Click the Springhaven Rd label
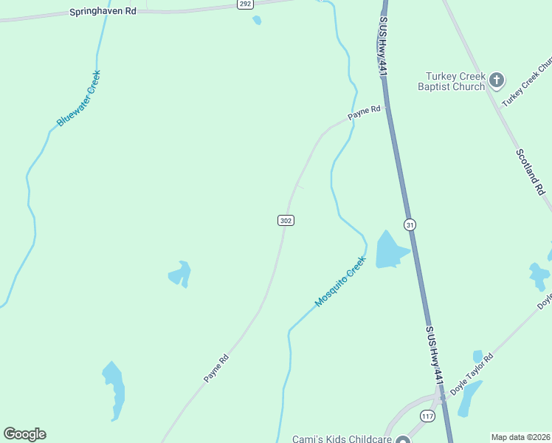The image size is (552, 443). coord(103,12)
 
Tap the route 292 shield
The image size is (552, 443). coord(245,4)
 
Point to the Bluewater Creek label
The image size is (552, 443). coord(78,97)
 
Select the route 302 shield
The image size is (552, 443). coord(286,221)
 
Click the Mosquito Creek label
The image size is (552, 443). coord(340,281)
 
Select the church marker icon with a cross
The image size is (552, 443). coord(497,80)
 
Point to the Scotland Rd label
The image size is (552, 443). coord(531,172)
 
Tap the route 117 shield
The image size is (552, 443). coord(427,416)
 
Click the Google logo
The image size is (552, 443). coord(24,434)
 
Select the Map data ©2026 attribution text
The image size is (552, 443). coord(520,437)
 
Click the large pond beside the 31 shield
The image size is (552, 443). coord(389,250)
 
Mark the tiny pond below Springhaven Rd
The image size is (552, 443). coord(257,21)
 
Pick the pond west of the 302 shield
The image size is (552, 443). coord(180,274)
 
